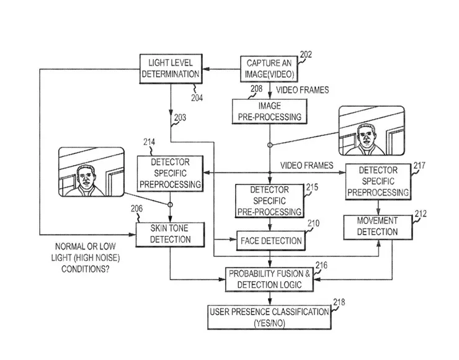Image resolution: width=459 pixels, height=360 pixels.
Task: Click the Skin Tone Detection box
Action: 170,233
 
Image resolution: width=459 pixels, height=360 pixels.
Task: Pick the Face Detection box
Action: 271,240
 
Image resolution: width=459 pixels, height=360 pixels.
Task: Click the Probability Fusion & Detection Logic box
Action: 270,279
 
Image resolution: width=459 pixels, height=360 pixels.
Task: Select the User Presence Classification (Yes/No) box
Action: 268,317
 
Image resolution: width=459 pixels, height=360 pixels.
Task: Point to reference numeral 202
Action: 306,55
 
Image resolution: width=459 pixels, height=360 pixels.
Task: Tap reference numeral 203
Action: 180,118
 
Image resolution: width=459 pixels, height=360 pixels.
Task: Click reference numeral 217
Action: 419,166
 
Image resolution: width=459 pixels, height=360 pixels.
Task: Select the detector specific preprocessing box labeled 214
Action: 170,173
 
